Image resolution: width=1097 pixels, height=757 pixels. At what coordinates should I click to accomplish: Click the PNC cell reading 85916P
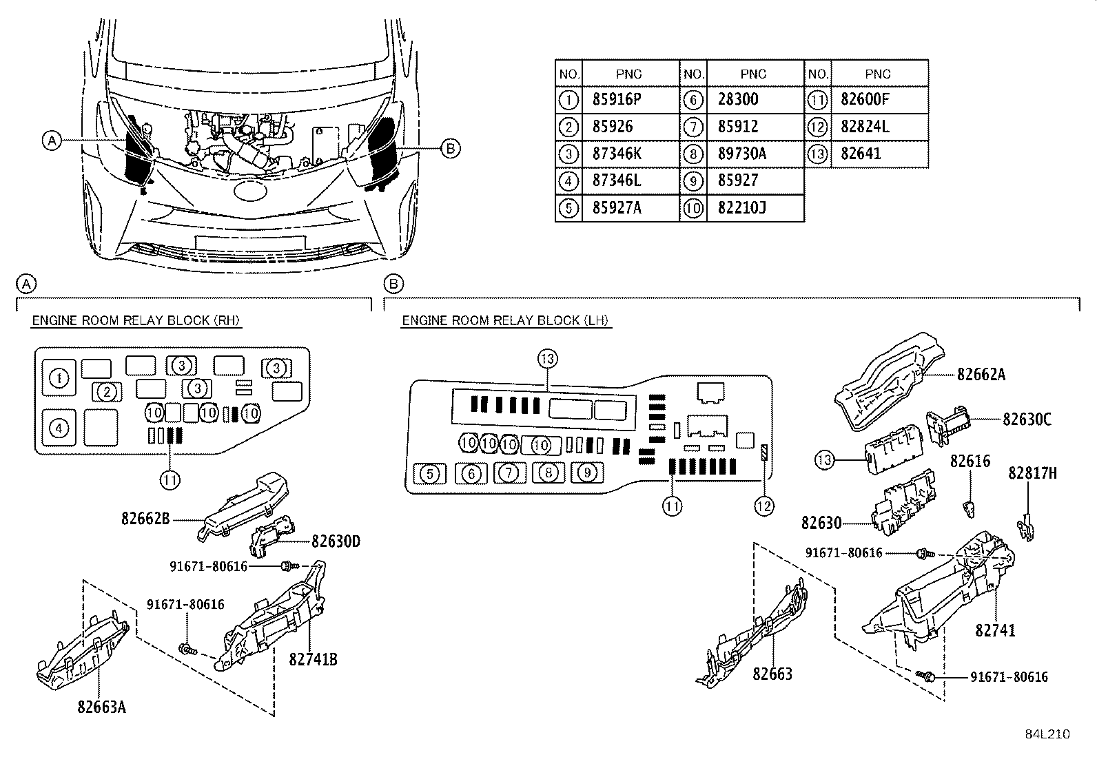[617, 99]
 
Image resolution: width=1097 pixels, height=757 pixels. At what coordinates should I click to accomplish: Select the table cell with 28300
[738, 99]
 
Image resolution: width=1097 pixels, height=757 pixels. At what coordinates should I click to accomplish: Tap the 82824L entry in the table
[865, 127]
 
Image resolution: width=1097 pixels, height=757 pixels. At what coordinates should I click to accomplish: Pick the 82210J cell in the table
[741, 208]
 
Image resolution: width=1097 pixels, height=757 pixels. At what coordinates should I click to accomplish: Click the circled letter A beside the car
[51, 141]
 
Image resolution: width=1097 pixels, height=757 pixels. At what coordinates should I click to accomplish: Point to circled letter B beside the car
[449, 148]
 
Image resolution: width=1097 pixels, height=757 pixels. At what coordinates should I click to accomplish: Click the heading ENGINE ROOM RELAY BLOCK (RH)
[136, 320]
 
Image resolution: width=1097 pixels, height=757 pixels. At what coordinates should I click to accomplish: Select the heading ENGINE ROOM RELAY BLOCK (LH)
[506, 320]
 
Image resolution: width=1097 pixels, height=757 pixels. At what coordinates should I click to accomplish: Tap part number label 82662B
[145, 519]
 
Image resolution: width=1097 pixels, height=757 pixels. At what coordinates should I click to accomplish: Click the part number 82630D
[335, 541]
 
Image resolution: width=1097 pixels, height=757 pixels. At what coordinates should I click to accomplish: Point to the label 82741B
[313, 659]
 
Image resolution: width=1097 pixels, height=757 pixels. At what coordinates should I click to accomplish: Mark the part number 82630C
[1027, 419]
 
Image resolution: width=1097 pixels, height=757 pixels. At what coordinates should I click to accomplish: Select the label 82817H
[1032, 473]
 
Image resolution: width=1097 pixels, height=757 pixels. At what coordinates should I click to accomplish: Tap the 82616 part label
[970, 461]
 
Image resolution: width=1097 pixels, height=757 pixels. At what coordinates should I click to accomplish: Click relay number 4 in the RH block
[59, 428]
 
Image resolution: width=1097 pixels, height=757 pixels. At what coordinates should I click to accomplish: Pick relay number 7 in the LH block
[508, 473]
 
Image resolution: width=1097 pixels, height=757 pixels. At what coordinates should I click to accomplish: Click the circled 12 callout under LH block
[763, 506]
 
